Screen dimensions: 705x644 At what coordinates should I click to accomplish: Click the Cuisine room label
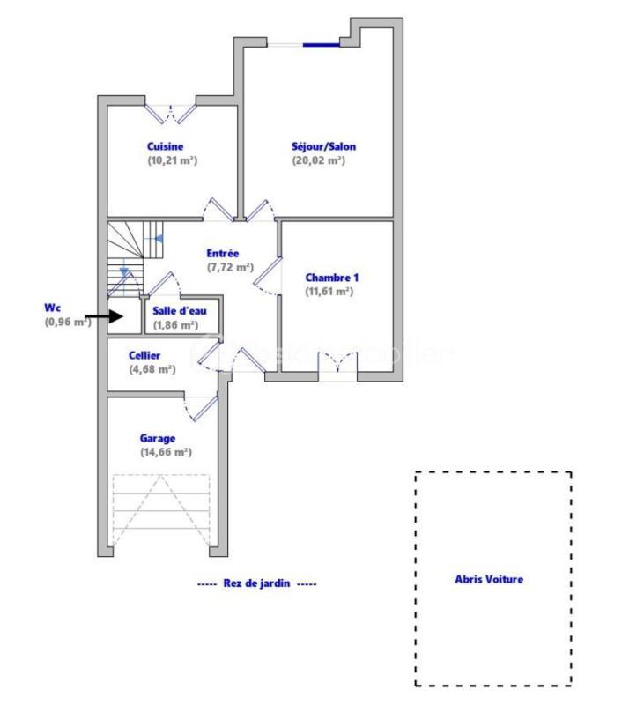pos(165,146)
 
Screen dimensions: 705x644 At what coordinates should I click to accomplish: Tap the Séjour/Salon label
pos(323,146)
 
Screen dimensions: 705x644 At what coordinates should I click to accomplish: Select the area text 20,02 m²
pos(318,160)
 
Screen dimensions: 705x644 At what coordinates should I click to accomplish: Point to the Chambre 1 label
pos(332,277)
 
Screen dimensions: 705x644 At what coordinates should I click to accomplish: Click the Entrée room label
pos(223,253)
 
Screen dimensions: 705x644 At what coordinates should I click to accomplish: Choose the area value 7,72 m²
pos(230,267)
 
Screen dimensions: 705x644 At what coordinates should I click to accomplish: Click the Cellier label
pos(144,355)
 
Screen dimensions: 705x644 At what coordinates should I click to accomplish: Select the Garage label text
pos(157,438)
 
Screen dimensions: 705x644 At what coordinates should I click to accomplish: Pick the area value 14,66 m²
pos(166,452)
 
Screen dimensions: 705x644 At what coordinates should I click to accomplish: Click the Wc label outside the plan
pos(52,308)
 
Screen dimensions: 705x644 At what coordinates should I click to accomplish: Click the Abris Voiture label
pos(488,579)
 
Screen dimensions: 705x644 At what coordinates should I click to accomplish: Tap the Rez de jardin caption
pos(257,583)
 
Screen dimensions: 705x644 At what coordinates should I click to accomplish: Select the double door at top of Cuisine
pos(171,112)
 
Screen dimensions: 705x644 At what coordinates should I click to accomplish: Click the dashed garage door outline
pos(161,511)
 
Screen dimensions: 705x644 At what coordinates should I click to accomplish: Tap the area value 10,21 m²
pos(172,160)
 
